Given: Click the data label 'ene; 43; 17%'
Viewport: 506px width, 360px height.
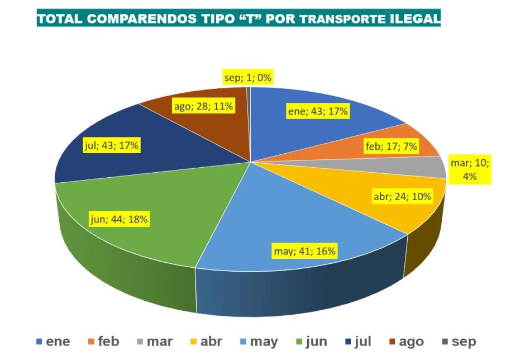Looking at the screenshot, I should [x=318, y=111].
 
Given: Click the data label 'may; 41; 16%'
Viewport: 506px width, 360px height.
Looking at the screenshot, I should [x=304, y=251].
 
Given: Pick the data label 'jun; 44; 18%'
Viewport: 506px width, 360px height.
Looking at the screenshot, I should [x=119, y=219].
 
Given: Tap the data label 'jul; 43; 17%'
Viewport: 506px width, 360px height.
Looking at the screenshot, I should [x=111, y=146].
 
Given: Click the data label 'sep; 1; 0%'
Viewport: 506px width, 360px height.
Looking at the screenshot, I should [x=247, y=78].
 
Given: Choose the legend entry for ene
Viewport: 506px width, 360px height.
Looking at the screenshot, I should [x=54, y=341].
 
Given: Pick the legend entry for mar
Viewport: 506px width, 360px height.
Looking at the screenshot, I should [x=155, y=341].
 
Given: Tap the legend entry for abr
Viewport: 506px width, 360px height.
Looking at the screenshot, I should [x=206, y=341].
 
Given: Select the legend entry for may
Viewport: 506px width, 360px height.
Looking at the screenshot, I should [x=258, y=341].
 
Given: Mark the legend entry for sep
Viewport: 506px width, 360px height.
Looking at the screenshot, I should [x=459, y=341].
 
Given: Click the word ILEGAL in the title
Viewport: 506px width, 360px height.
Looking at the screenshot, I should [x=415, y=19].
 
